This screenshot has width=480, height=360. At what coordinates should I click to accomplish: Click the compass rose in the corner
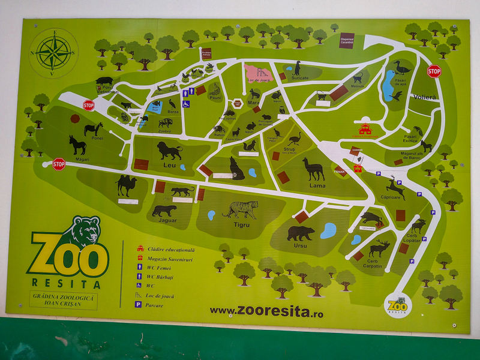53,53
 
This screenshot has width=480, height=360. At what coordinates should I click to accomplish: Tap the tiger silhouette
241,209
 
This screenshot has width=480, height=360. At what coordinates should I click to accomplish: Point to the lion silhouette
170,151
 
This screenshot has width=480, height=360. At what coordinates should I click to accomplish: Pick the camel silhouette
127,185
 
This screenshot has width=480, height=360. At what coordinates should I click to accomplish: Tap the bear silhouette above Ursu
301,233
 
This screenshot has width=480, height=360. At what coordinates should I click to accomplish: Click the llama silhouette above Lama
313,169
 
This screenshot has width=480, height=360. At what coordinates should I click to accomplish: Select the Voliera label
425,97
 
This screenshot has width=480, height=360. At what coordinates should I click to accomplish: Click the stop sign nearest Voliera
434,71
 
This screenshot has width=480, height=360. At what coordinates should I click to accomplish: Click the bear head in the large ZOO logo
85,231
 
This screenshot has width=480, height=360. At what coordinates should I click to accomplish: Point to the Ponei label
97,138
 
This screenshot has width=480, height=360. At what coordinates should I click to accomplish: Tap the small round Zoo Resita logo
397,305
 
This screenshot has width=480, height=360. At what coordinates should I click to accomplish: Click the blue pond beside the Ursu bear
328,230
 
